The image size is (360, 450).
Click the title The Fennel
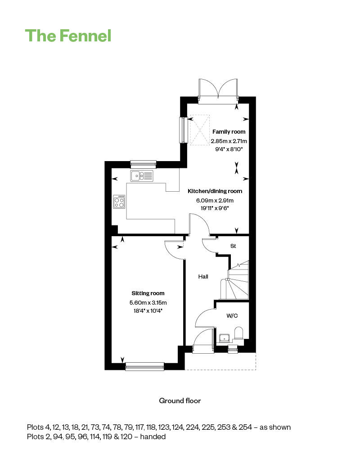tap(68, 35)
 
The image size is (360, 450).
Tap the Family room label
tap(229, 132)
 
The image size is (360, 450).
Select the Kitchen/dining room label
tap(215, 191)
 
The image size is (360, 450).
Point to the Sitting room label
tap(148, 293)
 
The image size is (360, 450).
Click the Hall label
tap(203, 277)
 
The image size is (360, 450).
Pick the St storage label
tap(233, 246)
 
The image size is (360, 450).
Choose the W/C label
tap(232, 316)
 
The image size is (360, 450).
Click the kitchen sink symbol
tap(142, 175)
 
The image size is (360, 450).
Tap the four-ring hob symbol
tap(119, 201)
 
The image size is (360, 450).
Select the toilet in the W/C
tap(239, 333)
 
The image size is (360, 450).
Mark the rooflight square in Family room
tap(199, 130)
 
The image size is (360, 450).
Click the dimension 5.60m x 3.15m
tap(148, 302)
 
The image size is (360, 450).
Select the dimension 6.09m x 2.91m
tap(214, 201)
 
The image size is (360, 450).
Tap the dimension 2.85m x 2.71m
tap(229, 141)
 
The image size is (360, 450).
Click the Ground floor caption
tap(180, 400)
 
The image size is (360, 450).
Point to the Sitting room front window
tap(145, 367)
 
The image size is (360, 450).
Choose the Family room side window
tap(183, 130)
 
